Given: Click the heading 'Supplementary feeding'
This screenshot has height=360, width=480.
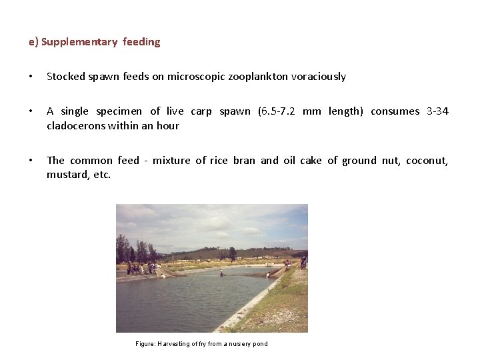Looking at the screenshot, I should pos(101,42).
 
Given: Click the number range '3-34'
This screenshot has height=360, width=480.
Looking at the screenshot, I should pos(437,111).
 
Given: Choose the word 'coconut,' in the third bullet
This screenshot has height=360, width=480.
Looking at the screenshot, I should pos(427,161).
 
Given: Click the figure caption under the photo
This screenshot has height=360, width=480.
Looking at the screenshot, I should pos(201,343).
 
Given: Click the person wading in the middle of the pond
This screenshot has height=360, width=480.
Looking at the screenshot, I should pos(223,274).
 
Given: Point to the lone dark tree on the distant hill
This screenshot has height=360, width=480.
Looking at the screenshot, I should pos(232,253).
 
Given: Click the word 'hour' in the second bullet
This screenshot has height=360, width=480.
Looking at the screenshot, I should pos(168,125).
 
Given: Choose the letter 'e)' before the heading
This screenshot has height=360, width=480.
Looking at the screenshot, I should pos(33,42).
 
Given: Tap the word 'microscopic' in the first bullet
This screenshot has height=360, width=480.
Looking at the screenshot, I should pos(196,77).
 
